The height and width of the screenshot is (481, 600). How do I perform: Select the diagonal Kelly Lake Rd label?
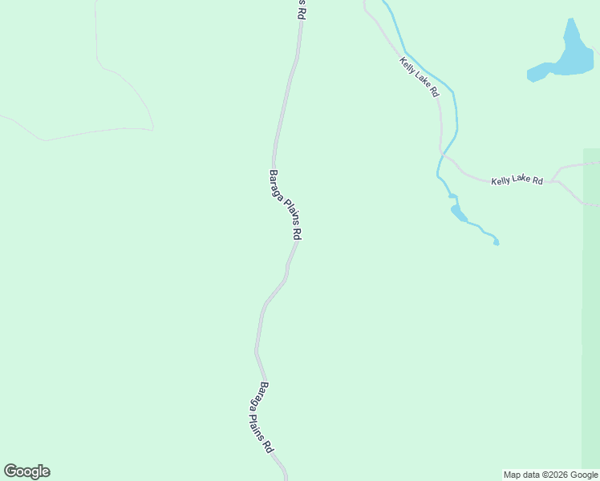(420, 77)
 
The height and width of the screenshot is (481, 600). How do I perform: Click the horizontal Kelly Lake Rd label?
(517, 181)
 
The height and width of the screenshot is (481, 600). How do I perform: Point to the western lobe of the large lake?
(537, 73)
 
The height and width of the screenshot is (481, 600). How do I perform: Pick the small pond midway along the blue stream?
(458, 212)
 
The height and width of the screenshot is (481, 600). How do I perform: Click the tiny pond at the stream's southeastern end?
(496, 240)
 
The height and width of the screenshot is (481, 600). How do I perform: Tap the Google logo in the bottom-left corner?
(26, 471)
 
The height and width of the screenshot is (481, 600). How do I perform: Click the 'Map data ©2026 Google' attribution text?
(550, 475)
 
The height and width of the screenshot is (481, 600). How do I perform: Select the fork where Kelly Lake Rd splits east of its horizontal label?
(557, 180)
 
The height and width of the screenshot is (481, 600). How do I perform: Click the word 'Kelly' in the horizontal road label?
(501, 181)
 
